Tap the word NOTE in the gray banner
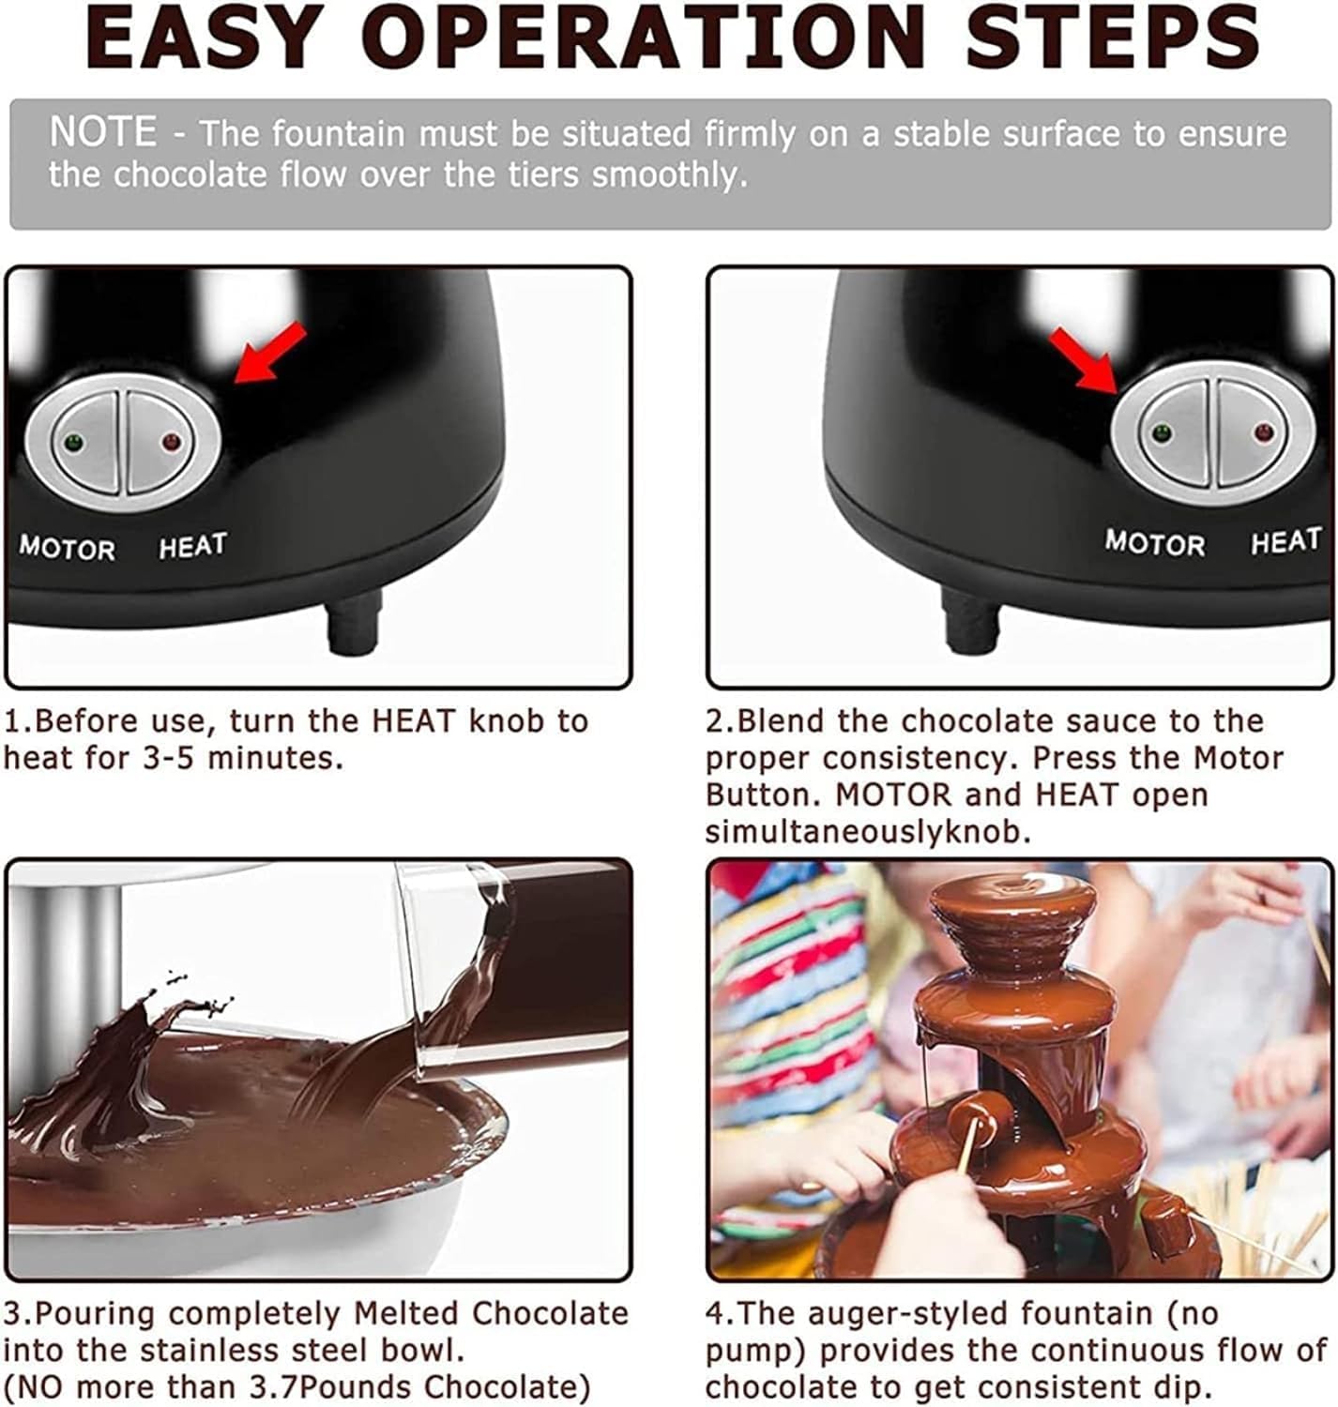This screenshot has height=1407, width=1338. point(103,132)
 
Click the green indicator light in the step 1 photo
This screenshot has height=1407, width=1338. point(71,441)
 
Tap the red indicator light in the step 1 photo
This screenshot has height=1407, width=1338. point(171,441)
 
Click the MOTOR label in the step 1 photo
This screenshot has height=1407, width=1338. point(68,548)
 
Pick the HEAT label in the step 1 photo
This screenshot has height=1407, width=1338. point(192,546)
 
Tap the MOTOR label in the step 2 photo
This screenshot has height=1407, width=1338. point(1154,542)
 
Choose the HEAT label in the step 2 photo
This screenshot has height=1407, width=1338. point(1285,541)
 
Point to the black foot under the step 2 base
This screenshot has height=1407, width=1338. point(971,622)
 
